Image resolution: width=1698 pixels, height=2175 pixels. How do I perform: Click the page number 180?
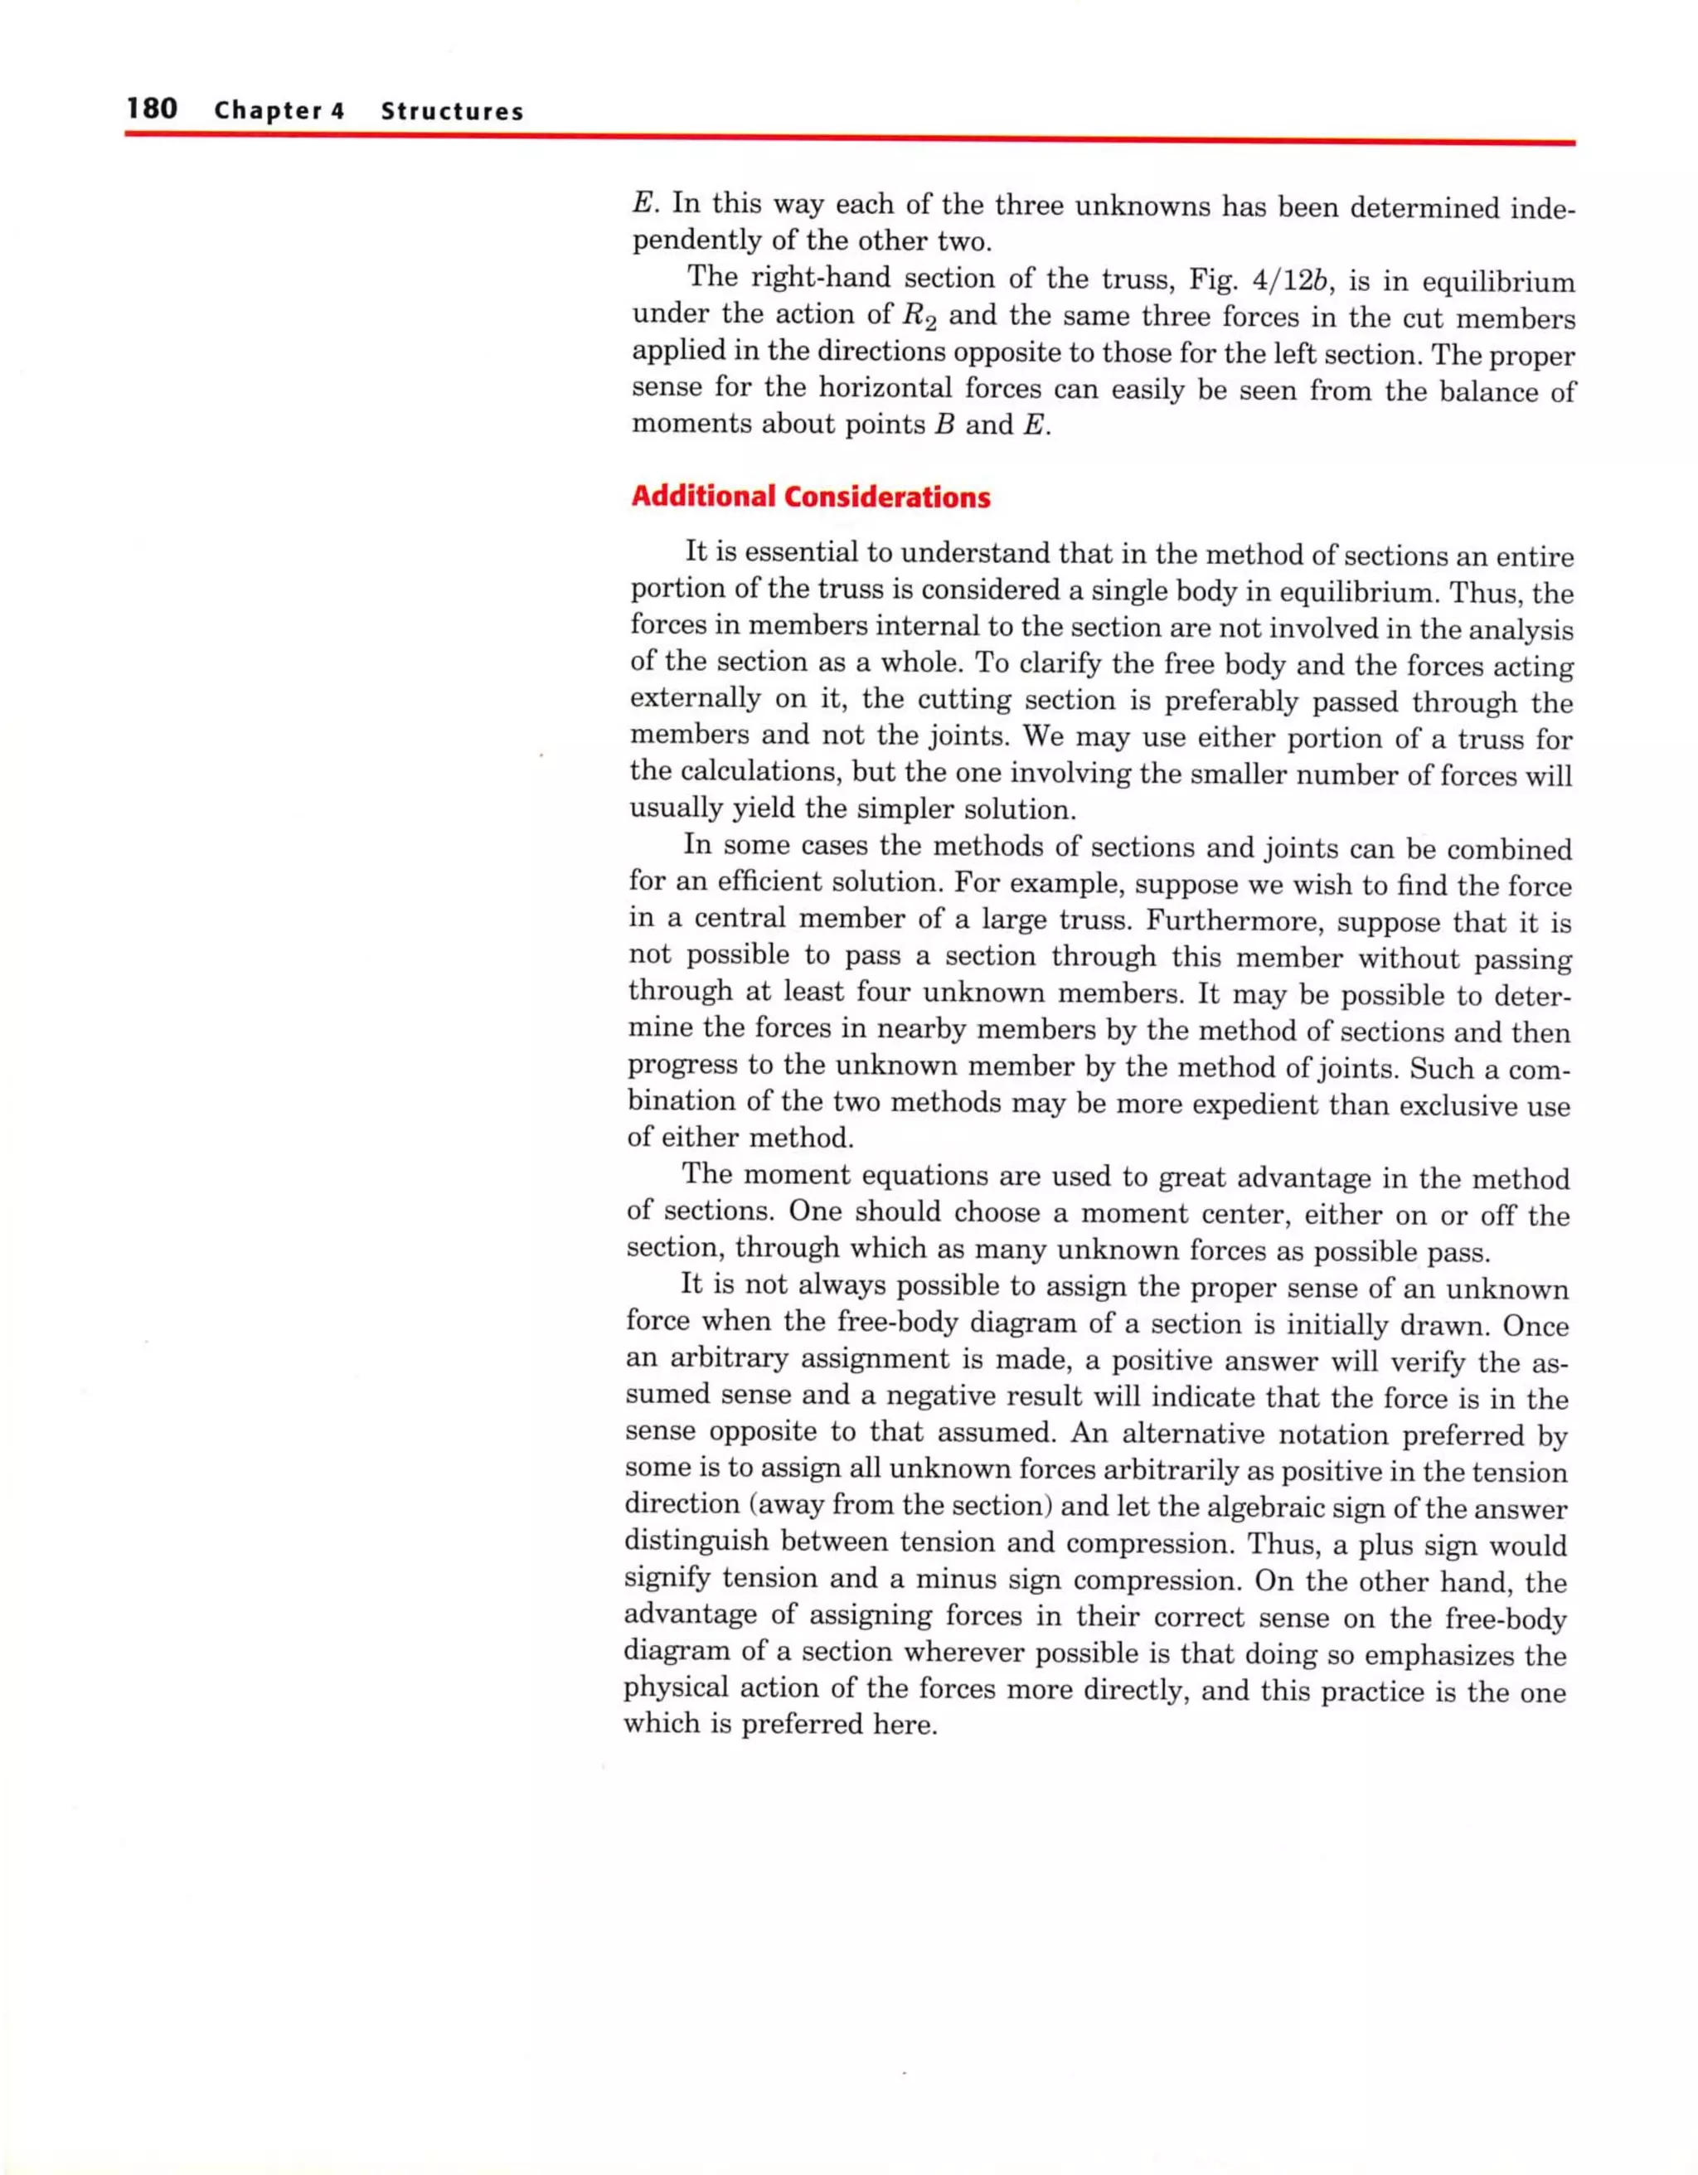152,108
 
